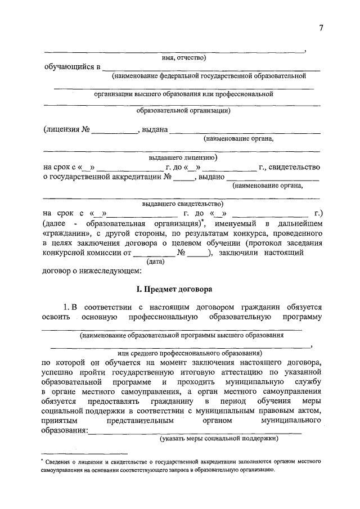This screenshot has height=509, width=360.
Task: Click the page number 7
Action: coord(321,29)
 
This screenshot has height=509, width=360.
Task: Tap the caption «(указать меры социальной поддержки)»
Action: coord(219,438)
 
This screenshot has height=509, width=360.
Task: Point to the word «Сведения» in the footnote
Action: coord(59,461)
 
